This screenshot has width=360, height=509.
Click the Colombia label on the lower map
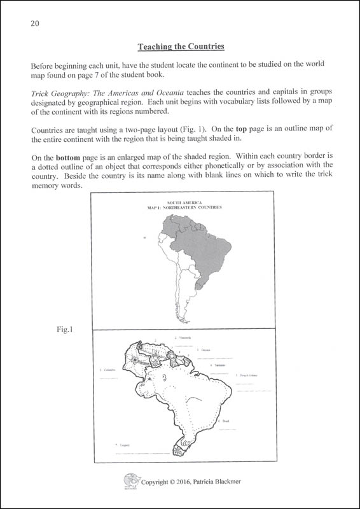pyautogui.click(x=112, y=369)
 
